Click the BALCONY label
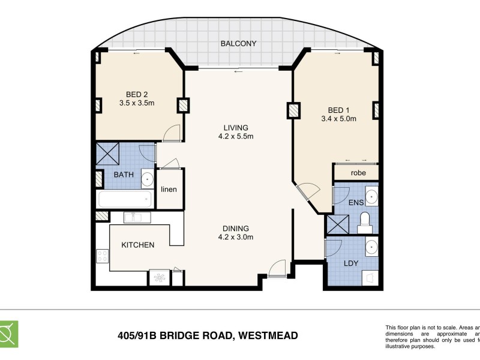238,44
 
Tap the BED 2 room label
137,94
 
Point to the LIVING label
236,127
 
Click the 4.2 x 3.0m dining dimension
236,237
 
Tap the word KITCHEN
138,245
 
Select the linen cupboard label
169,190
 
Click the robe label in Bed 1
358,173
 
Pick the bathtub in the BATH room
125,199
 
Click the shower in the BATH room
109,155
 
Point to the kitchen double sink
137,217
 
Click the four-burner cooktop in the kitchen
101,257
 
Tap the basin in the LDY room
371,247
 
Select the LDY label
351,263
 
